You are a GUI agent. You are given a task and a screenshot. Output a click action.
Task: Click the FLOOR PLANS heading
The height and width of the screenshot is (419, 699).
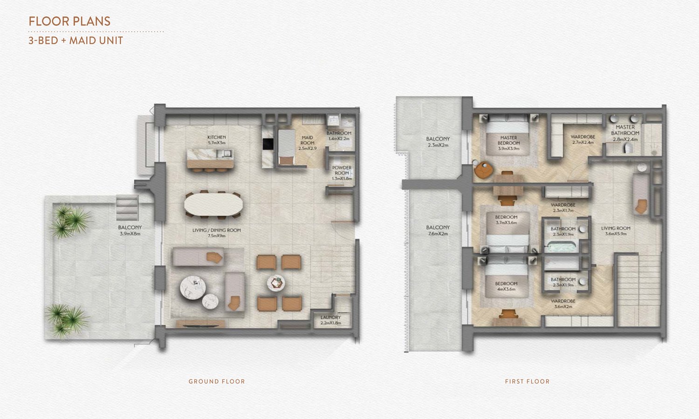[69, 21]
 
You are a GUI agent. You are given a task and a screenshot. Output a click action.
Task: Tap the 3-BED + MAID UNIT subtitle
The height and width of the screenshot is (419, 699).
[76, 41]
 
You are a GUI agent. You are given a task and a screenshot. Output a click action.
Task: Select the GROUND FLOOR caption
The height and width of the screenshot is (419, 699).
[217, 381]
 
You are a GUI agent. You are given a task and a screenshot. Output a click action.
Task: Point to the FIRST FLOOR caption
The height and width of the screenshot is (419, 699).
[527, 381]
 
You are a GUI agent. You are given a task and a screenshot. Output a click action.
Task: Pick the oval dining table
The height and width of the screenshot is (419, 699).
[213, 204]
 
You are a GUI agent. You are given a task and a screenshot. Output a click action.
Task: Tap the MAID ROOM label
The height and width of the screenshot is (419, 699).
[308, 143]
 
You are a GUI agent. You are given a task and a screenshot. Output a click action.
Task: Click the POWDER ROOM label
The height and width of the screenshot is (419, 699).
[342, 173]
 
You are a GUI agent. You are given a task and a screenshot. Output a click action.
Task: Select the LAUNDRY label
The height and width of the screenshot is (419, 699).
[331, 320]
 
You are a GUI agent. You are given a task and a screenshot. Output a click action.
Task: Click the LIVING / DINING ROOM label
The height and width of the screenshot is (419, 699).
[217, 233]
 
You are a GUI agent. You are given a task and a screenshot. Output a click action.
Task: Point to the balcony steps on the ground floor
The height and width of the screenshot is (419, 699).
[127, 208]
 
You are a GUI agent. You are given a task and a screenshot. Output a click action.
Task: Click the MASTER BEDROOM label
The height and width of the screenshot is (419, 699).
[509, 143]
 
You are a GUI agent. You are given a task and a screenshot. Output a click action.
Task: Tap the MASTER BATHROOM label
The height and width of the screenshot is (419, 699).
[625, 133]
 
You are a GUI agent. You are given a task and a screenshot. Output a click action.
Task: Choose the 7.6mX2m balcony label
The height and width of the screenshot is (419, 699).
[438, 230]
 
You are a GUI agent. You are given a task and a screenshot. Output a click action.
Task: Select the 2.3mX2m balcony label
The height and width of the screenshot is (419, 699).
[438, 142]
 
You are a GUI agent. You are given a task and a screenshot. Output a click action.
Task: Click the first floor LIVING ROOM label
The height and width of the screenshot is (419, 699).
[616, 231]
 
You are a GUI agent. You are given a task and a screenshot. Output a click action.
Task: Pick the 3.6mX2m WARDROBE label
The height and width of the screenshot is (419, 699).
[563, 304]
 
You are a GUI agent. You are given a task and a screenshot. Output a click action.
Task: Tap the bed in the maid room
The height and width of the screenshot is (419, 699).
[287, 147]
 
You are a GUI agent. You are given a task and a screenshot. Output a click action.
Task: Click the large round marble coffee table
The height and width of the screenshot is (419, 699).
[193, 288]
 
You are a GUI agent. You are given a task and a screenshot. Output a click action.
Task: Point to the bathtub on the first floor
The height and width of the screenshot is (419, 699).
[562, 247]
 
